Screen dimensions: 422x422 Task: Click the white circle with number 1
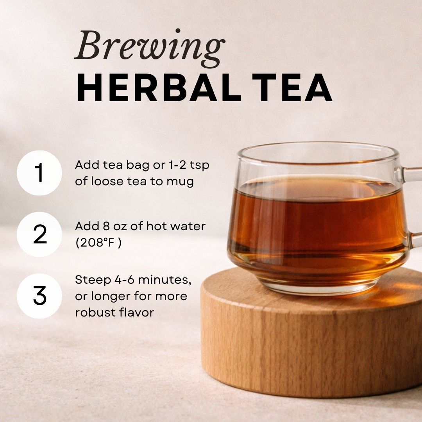39,173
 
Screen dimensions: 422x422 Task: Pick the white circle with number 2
39,234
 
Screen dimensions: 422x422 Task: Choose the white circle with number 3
39,296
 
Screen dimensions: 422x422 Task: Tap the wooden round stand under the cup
309,344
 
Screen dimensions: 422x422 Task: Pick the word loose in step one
111,182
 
